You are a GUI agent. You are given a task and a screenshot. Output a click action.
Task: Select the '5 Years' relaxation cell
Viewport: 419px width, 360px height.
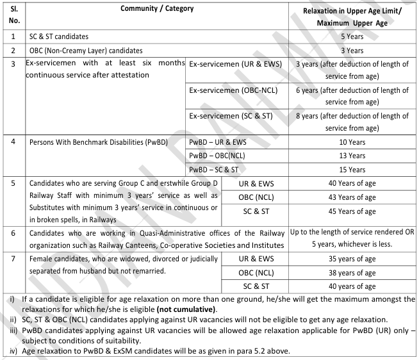[352, 37]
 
